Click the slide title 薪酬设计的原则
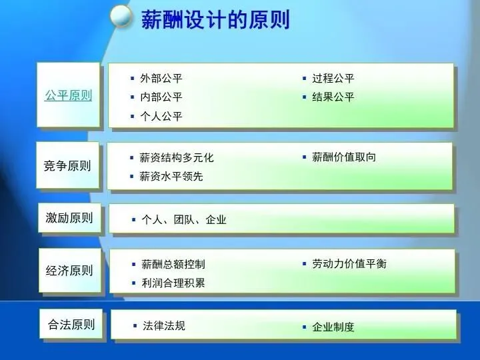pyautogui.click(x=215, y=19)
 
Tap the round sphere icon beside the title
pyautogui.click(x=121, y=16)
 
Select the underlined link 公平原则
pyautogui.click(x=68, y=95)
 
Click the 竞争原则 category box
pyautogui.click(x=67, y=165)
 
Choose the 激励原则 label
pyautogui.click(x=69, y=217)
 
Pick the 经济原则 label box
pyautogui.click(x=69, y=270)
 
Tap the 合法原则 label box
pyautogui.click(x=71, y=324)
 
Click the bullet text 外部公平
pyautogui.click(x=161, y=79)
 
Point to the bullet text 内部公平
pyautogui.click(x=161, y=97)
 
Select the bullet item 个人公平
pyautogui.click(x=161, y=116)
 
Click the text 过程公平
pyautogui.click(x=333, y=79)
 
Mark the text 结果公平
pyautogui.click(x=333, y=97)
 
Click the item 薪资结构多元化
pyautogui.click(x=177, y=157)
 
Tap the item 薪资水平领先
pyautogui.click(x=171, y=176)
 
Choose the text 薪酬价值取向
pyautogui.click(x=344, y=157)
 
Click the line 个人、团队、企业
pyautogui.click(x=184, y=219)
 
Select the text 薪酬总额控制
pyautogui.click(x=173, y=264)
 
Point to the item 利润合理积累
pyautogui.click(x=173, y=283)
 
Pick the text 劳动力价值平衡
pyautogui.click(x=349, y=263)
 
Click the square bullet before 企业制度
pyautogui.click(x=304, y=327)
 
